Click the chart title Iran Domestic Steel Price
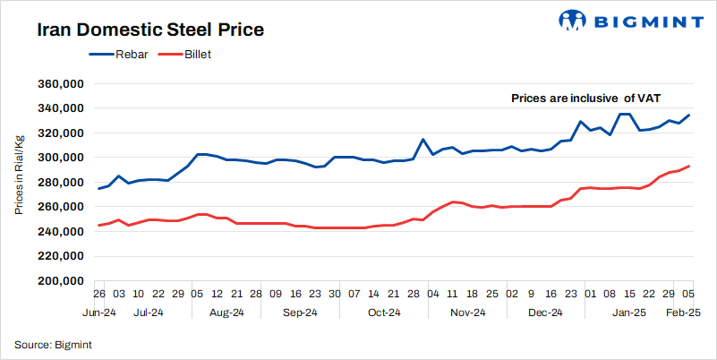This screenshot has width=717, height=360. pyautogui.click(x=149, y=30)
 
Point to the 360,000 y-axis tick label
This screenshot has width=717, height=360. pyautogui.click(x=58, y=83)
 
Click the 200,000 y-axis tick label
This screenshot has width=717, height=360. pyautogui.click(x=58, y=280)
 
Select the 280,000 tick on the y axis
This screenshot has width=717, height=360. pyautogui.click(x=58, y=182)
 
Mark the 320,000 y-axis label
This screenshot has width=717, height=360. pyautogui.click(x=58, y=133)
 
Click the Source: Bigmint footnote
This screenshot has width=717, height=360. pyautogui.click(x=54, y=344)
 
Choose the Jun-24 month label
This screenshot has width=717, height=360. pyautogui.click(x=98, y=313)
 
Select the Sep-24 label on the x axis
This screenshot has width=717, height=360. pyautogui.click(x=301, y=313)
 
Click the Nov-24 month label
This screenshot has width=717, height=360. pyautogui.click(x=467, y=313)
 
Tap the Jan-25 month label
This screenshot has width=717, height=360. pyautogui.click(x=627, y=313)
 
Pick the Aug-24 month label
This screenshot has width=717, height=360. pyautogui.click(x=226, y=313)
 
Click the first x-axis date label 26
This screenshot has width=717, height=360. pyautogui.click(x=98, y=294)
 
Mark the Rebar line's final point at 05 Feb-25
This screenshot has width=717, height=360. pyautogui.click(x=687, y=116)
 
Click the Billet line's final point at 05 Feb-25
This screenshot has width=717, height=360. pyautogui.click(x=687, y=166)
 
